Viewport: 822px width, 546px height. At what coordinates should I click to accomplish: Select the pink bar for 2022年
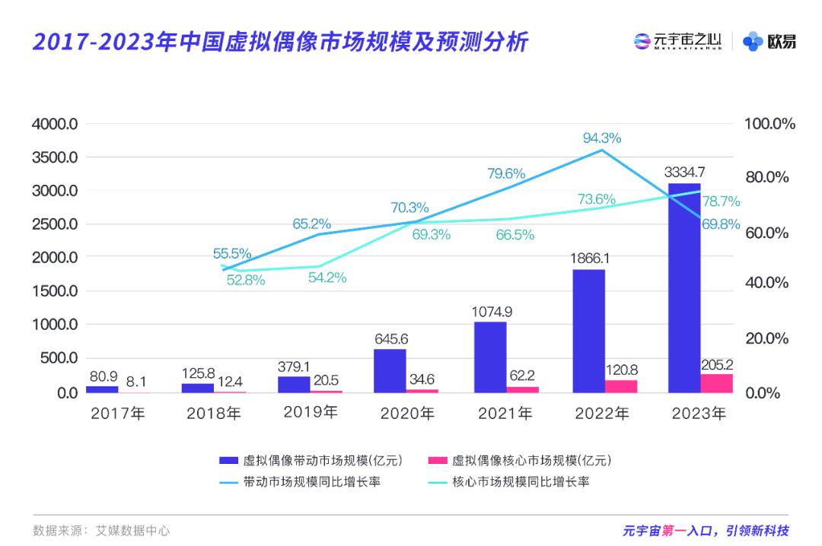621,386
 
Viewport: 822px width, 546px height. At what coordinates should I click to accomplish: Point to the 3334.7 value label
683,171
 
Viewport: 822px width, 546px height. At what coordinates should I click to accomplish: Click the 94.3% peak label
602,138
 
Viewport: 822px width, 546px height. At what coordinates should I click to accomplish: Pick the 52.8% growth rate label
246,280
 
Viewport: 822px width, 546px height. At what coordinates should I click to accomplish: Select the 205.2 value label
716,362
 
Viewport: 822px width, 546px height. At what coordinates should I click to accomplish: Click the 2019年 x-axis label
310,413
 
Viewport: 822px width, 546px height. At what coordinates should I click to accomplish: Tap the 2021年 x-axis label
505,414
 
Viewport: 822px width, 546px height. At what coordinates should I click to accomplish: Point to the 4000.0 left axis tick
55,124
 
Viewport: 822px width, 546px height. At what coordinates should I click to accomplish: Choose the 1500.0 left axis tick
55,291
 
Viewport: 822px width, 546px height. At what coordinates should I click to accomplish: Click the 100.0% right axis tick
770,124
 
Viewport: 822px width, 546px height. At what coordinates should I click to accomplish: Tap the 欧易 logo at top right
770,42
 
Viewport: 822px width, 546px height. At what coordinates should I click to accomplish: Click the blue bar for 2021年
489,357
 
